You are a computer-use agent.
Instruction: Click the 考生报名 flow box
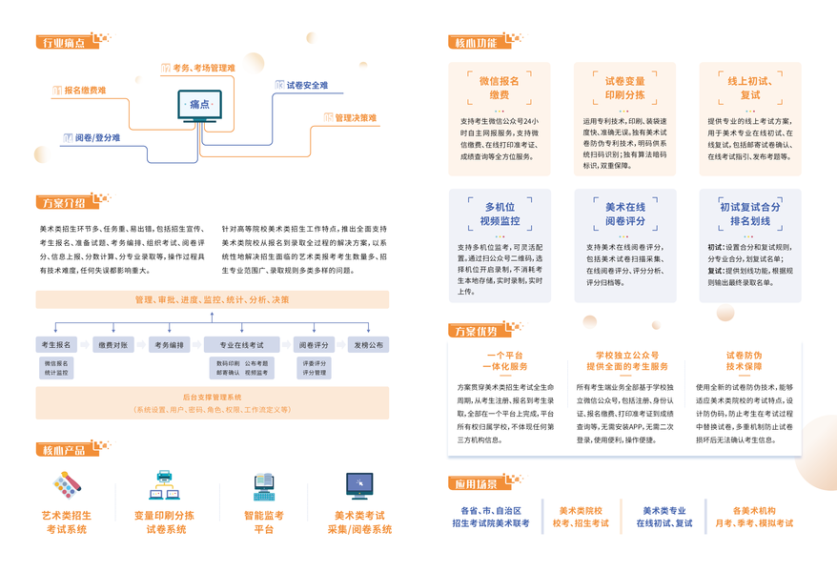(57, 345)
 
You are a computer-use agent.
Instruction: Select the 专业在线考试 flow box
(242, 345)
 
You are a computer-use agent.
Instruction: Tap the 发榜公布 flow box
(368, 345)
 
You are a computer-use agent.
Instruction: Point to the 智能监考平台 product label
(264, 521)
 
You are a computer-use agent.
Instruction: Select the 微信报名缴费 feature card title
(500, 88)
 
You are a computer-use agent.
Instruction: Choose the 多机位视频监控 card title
(500, 214)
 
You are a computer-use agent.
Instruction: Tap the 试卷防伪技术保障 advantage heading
(744, 360)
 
